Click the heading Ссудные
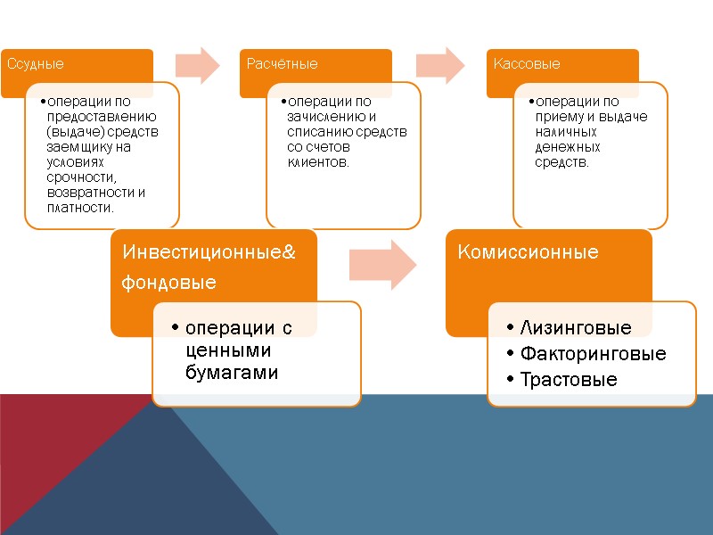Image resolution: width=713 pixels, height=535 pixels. (x=36, y=64)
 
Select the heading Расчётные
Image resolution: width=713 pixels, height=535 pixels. (x=282, y=64)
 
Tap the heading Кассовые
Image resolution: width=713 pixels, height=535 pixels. (x=528, y=64)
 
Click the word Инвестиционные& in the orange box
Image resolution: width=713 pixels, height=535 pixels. (x=209, y=252)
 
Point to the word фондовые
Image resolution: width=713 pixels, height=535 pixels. (x=169, y=283)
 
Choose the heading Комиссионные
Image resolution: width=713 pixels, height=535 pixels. (x=528, y=252)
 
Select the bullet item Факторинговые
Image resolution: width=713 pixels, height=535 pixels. (x=593, y=354)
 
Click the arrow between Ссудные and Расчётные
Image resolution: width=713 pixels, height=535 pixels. (x=198, y=64)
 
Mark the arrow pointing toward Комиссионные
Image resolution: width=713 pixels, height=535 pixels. (x=383, y=263)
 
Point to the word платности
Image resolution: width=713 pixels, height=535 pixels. (x=79, y=208)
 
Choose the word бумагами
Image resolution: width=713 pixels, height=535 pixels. (x=232, y=373)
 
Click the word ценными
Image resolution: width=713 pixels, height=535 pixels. (x=227, y=350)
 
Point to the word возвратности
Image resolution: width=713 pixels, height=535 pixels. (x=91, y=193)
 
